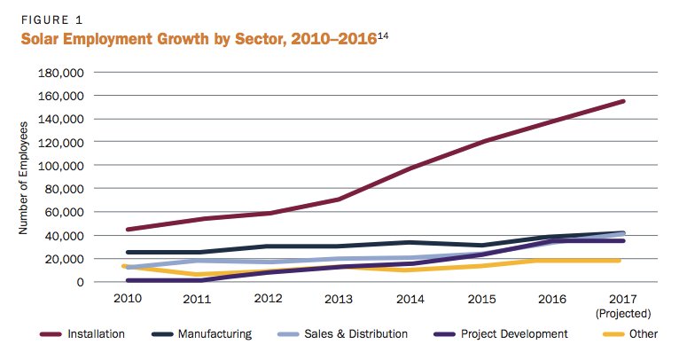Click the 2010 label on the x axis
click(129, 300)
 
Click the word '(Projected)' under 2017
click(623, 313)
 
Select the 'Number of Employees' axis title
click(24, 176)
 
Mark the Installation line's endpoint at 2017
click(623, 101)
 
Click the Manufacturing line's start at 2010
click(129, 252)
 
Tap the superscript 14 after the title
click(384, 35)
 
